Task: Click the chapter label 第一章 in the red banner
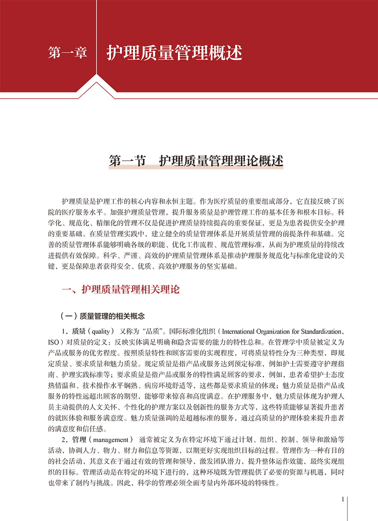pos(68,53)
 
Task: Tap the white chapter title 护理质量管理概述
pos(174,53)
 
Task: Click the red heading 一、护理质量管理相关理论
pos(121,289)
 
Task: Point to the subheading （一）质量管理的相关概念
pos(103,316)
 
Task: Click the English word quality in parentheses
pos(103,330)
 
